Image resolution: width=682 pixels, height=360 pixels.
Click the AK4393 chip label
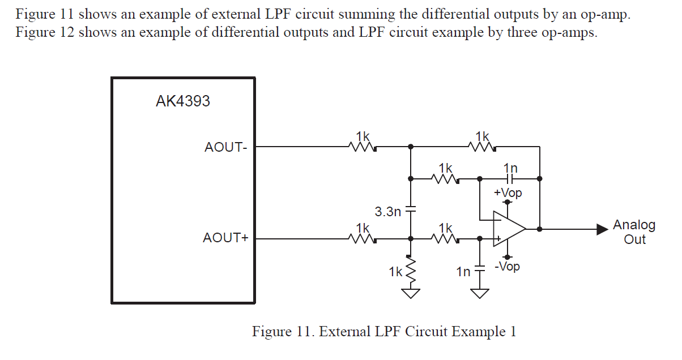tap(182, 101)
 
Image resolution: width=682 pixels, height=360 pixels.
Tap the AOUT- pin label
tap(225, 147)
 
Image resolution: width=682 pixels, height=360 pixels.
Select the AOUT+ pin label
tap(225, 238)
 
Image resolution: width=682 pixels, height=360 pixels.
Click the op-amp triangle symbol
tap(508, 229)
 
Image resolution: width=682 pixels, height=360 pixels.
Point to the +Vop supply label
tap(508, 193)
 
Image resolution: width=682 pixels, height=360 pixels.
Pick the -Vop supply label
tap(507, 266)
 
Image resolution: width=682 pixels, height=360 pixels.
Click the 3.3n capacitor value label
tap(388, 212)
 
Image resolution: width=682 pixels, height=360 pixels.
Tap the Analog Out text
tap(634, 232)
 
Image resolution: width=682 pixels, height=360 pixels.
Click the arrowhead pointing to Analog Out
tap(601, 229)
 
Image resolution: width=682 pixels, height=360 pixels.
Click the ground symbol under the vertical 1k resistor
tap(411, 293)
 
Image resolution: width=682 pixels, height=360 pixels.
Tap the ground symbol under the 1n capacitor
tap(480, 293)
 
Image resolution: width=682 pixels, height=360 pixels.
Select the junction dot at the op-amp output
tap(540, 229)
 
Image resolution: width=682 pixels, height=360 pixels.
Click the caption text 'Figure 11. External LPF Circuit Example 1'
tap(383, 331)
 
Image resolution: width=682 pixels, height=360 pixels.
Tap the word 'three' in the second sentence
tap(526, 32)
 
